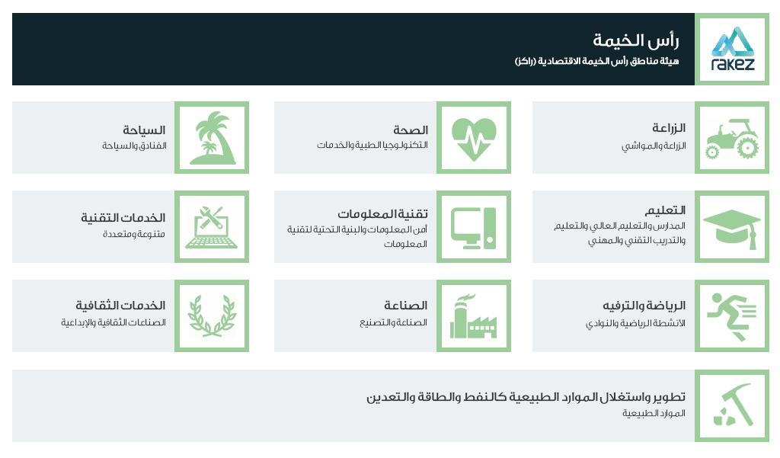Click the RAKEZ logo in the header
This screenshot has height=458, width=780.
click(732, 49)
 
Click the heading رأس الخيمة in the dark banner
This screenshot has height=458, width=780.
click(636, 40)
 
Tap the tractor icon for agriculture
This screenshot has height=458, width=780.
click(732, 138)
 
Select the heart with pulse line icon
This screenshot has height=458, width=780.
click(474, 138)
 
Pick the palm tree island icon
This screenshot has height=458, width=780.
click(212, 138)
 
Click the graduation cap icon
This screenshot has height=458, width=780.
click(732, 228)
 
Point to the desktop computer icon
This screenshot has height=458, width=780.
click(474, 228)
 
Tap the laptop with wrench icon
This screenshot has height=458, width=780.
click(212, 228)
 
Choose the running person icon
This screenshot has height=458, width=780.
click(732, 316)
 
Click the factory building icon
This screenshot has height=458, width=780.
click(474, 316)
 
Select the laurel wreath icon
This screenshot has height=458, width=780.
click(212, 316)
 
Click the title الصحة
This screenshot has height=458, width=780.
click(411, 130)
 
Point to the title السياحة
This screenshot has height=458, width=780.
click(144, 130)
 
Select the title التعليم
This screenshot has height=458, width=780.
click(665, 210)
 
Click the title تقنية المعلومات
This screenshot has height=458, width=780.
click(382, 213)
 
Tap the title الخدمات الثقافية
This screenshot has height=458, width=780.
click(120, 305)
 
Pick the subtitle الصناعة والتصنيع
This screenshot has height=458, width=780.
click(394, 322)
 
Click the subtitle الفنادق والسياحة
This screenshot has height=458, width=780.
click(134, 146)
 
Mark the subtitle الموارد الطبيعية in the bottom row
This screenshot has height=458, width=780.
click(654, 413)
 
